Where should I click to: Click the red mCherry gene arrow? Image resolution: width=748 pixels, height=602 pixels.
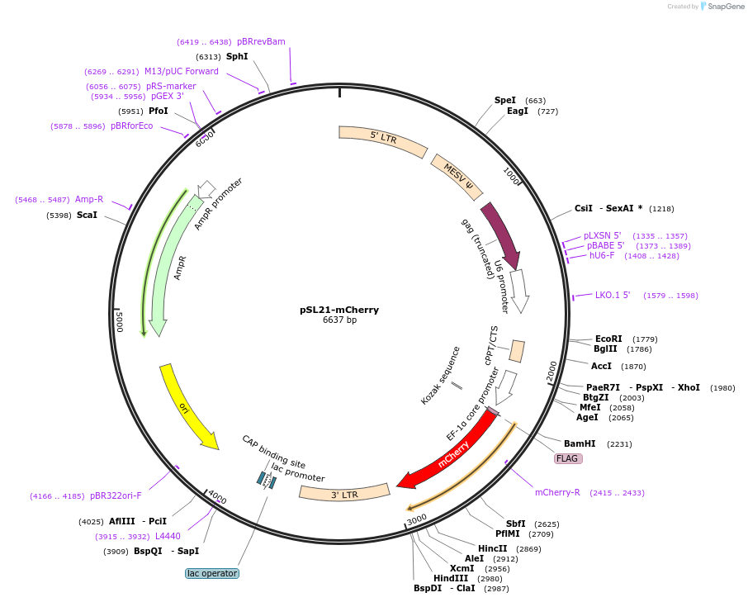pos(450,451)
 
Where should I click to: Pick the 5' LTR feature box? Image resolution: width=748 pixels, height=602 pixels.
pos(382,139)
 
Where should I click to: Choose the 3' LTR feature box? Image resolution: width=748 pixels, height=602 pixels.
pos(344,493)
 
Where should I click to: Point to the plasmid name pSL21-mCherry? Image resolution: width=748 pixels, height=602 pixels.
pos(339,310)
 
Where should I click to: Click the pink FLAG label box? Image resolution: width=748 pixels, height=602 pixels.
pos(568,458)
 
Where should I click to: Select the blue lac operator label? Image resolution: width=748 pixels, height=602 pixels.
pos(212,573)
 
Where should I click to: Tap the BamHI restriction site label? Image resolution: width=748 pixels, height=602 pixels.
pos(580,443)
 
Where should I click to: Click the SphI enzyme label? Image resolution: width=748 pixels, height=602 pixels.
pos(237,57)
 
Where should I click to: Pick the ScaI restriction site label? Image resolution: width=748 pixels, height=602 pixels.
pos(87,216)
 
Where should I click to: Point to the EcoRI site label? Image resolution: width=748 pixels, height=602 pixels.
pos(608,339)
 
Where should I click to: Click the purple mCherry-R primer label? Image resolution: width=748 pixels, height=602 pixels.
pos(557,492)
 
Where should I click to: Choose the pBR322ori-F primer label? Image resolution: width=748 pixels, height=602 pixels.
pos(116,495)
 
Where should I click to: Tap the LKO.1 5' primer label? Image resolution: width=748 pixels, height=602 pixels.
pos(613,295)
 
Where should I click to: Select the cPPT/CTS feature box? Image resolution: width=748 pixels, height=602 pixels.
pos(517,351)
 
